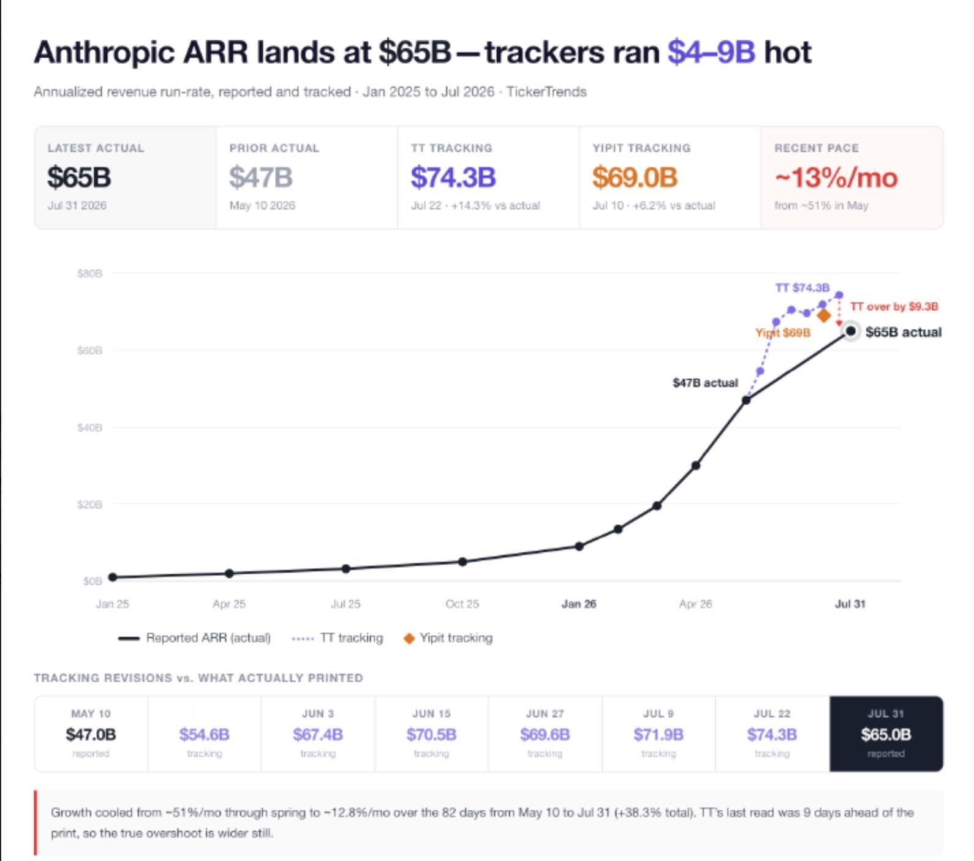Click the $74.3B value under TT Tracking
pyautogui.click(x=453, y=177)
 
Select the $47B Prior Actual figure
pyautogui.click(x=261, y=177)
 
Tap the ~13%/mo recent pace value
pyautogui.click(x=836, y=178)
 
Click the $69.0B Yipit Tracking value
pyautogui.click(x=635, y=177)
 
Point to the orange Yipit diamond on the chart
pyautogui.click(x=823, y=315)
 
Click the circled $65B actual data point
pyautogui.click(x=850, y=331)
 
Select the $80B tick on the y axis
pyautogui.click(x=89, y=273)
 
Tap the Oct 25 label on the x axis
pyautogui.click(x=462, y=604)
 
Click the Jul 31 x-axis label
pyautogui.click(x=850, y=604)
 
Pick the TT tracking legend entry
pyautogui.click(x=338, y=638)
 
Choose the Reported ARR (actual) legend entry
pyautogui.click(x=194, y=638)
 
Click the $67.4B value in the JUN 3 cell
pyautogui.click(x=318, y=734)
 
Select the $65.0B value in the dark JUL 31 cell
pyautogui.click(x=886, y=734)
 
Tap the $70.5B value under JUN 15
pyautogui.click(x=431, y=734)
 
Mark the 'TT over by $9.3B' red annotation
pyautogui.click(x=894, y=306)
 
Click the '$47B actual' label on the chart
pyautogui.click(x=705, y=383)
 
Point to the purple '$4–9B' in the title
pyautogui.click(x=711, y=52)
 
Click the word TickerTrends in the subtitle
pyautogui.click(x=546, y=92)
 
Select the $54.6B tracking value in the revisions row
pyautogui.click(x=205, y=734)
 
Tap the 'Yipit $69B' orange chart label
pyautogui.click(x=783, y=333)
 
